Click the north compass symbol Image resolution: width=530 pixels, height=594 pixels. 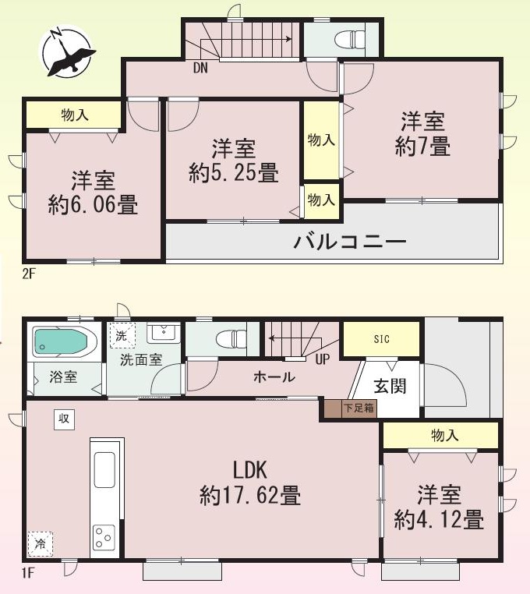pos(67,51)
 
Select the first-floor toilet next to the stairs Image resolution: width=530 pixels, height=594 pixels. pos(231,338)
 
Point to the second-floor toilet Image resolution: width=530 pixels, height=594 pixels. pos(350,39)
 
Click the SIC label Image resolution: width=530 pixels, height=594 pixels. pos(381,339)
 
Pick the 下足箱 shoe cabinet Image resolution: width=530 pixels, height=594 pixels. pos(351,408)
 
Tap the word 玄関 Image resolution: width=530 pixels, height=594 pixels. pos(390,386)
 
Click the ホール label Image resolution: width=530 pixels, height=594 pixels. pos(274,377)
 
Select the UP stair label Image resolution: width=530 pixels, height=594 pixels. pos(323,359)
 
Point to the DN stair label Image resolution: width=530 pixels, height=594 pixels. pos(200,68)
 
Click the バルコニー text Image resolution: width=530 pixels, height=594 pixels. pos(350,242)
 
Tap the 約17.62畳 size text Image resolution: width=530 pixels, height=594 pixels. pos(250,495)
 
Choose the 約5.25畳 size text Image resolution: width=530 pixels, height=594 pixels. pos(234,173)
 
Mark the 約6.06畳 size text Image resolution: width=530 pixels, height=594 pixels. pos(93,205)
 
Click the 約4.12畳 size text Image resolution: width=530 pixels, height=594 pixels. pos(439,519)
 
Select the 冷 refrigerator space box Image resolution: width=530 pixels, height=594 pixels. pos(41,544)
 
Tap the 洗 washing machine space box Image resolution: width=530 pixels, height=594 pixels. pos(122,335)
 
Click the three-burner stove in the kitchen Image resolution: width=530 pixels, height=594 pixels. pos(104,536)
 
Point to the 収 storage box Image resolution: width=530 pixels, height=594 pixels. pos(64,419)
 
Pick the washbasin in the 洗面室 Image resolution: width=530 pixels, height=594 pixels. pos(164,333)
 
